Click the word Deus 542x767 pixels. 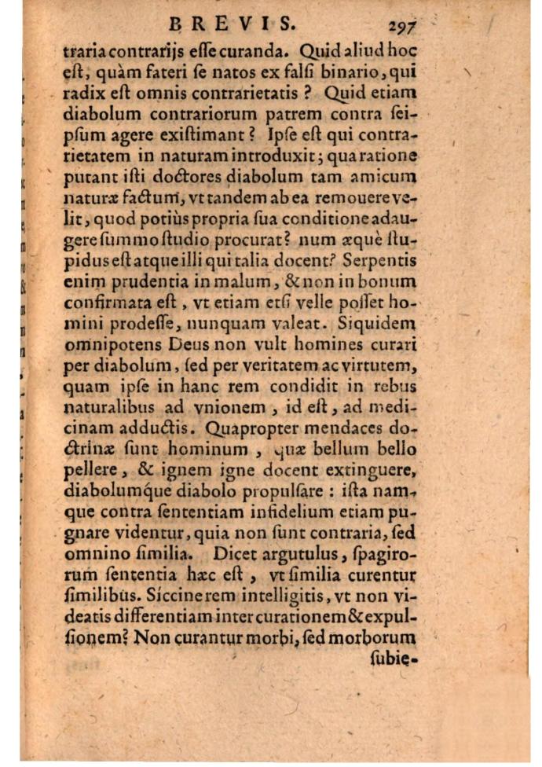click(184, 344)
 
